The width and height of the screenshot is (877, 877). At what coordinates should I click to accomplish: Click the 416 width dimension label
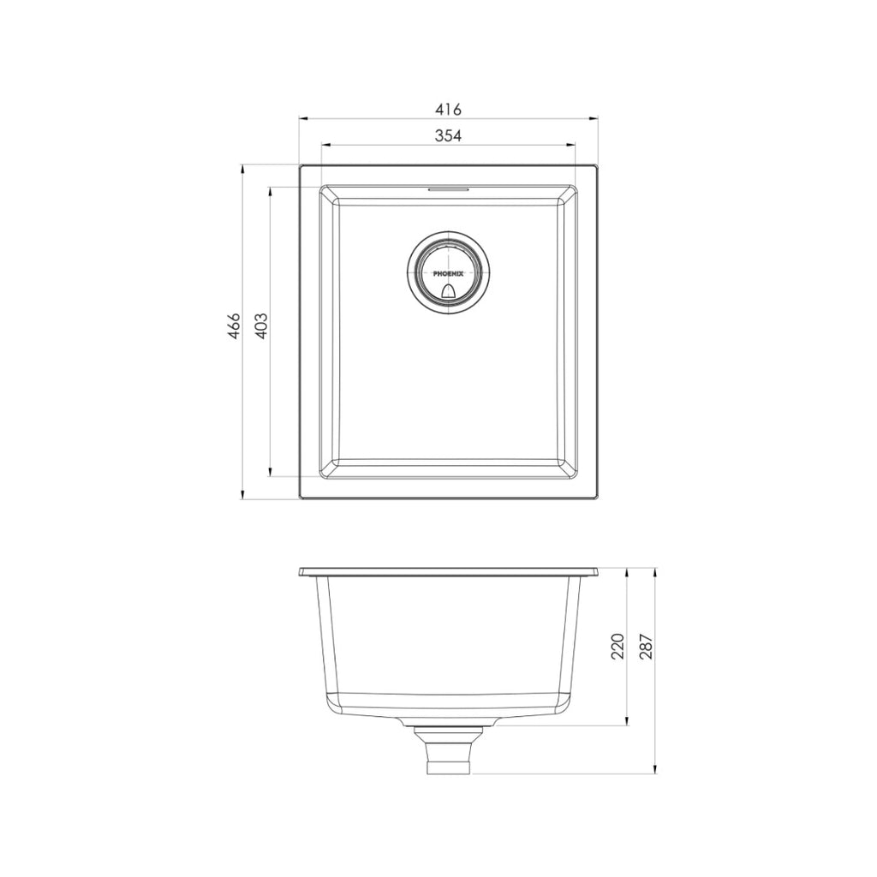click(x=448, y=110)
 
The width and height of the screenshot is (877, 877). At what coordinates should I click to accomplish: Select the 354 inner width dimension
click(x=448, y=136)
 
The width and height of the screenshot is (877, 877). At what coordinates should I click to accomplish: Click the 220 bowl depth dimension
click(x=618, y=646)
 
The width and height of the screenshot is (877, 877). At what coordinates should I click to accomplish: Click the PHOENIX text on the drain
click(x=448, y=274)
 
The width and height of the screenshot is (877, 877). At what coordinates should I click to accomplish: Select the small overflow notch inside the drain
click(x=448, y=292)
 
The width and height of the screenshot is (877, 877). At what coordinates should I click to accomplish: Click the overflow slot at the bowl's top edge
click(x=448, y=187)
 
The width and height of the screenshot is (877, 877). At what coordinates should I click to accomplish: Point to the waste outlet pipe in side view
click(x=448, y=753)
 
